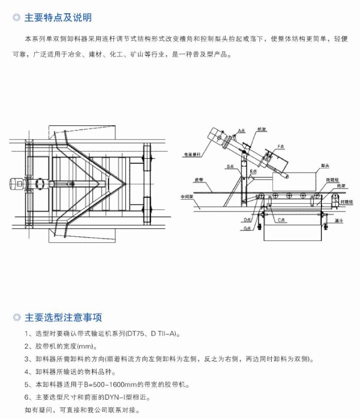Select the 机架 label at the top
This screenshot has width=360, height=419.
261,129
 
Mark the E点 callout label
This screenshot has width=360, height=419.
253,171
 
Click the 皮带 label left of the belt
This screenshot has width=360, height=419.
198,179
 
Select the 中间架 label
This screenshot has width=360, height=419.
188,195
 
